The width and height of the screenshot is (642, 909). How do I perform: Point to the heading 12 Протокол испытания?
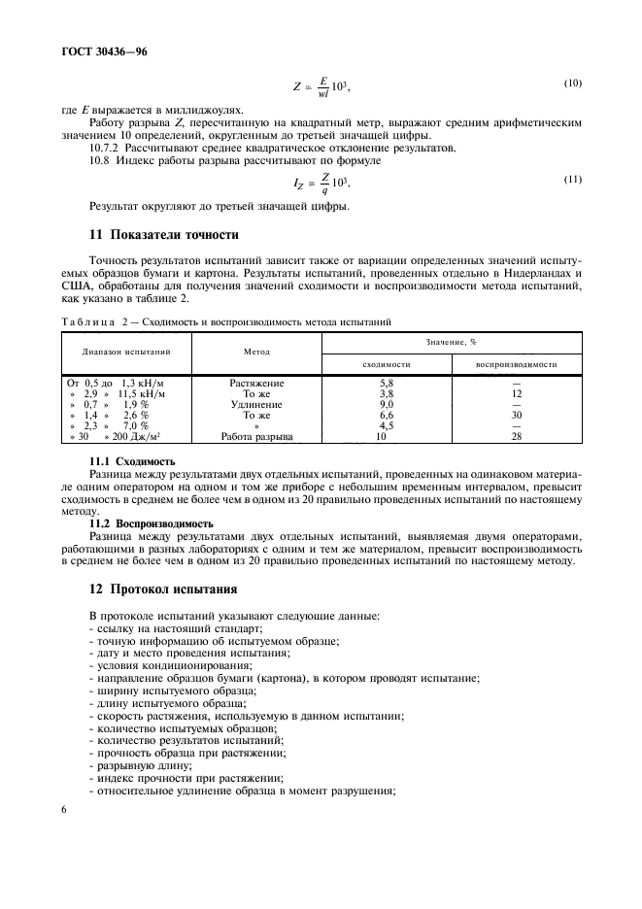pos(164,590)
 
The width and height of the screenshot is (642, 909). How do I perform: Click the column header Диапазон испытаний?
pos(126,351)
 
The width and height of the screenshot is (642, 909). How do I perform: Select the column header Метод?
pos(256,351)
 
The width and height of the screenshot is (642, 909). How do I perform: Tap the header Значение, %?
pos(452,342)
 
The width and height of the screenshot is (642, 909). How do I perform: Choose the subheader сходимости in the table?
pos(386,364)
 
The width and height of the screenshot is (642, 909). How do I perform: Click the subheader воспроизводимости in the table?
pos(516,364)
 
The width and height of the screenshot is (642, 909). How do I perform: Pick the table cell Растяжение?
pos(256,384)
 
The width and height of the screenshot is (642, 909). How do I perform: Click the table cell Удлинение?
pos(256,404)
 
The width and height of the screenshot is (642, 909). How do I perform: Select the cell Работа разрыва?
pos(256,436)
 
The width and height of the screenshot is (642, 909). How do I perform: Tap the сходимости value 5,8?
pos(386,384)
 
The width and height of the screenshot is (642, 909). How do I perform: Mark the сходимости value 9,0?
pos(386,404)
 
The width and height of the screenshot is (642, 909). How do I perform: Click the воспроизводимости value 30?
pos(516,415)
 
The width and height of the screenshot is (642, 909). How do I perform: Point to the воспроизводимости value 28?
pos(516,436)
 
